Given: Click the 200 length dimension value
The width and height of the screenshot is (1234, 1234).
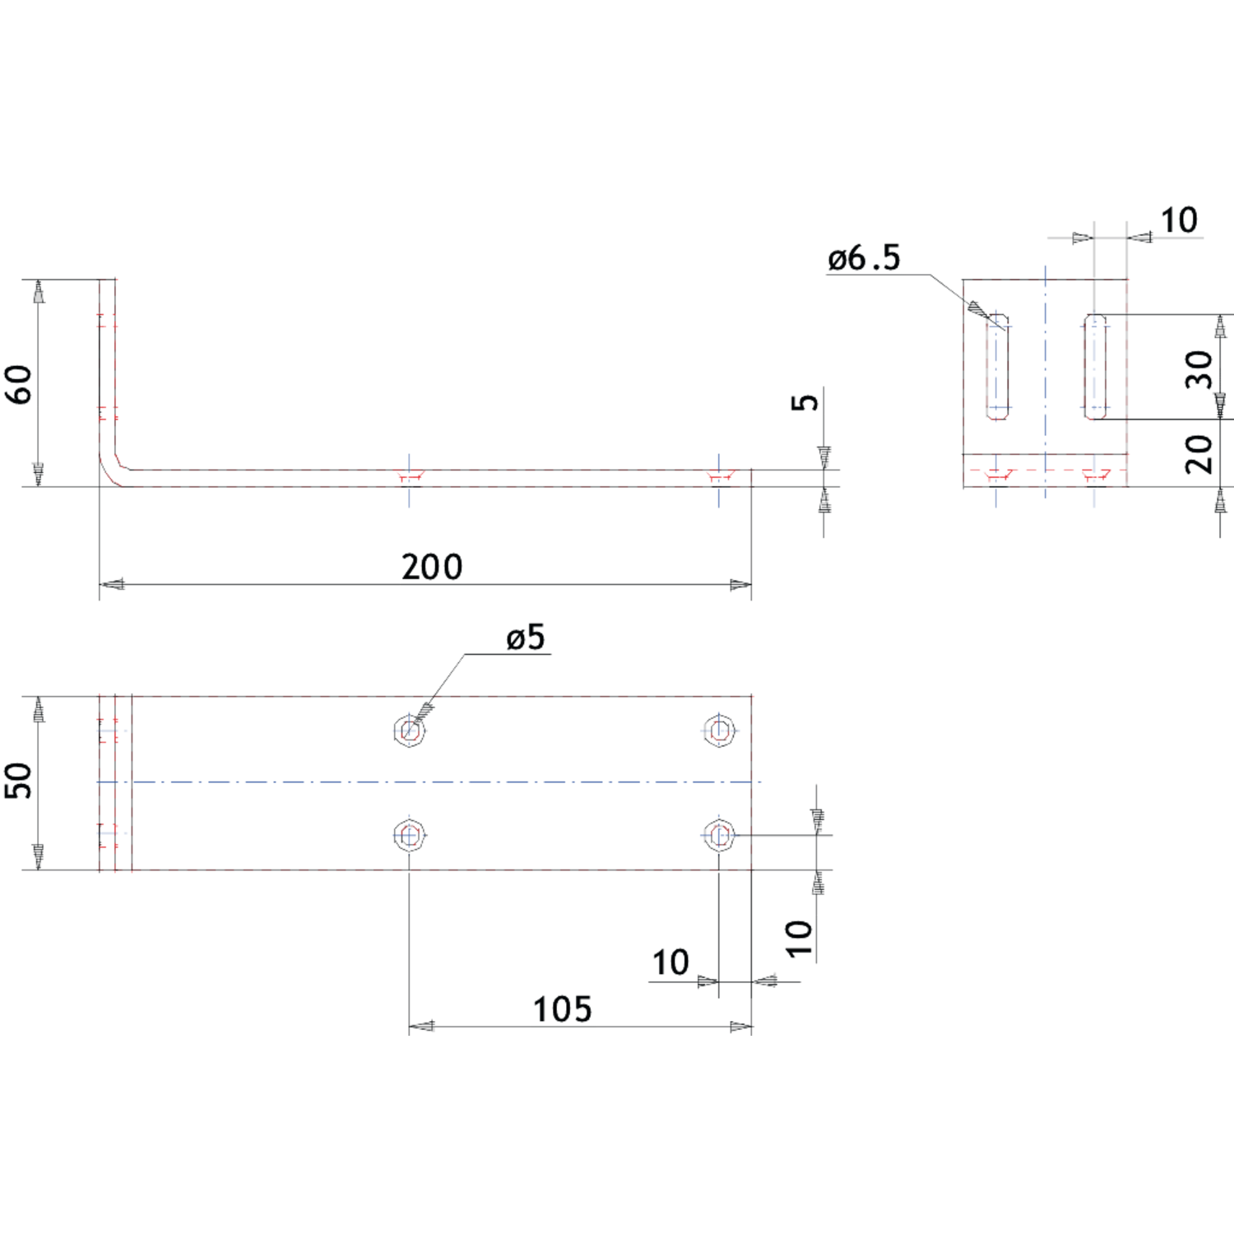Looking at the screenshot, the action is [432, 567].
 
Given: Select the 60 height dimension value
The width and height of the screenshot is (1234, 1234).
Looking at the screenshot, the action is [19, 384].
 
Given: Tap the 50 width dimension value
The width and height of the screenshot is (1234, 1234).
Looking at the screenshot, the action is [18, 780].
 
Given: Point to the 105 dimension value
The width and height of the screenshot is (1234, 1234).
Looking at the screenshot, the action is [562, 1009].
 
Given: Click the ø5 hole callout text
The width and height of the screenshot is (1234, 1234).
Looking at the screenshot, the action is [526, 637].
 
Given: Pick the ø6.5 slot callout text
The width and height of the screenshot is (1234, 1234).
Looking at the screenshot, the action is [864, 258].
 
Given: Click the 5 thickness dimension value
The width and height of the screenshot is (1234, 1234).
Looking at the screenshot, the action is [805, 401].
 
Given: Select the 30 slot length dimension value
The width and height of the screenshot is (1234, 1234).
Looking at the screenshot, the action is [1199, 369].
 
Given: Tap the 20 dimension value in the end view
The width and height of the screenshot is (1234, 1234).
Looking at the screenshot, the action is [1199, 454].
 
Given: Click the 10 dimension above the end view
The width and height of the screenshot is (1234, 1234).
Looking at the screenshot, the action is [1179, 220].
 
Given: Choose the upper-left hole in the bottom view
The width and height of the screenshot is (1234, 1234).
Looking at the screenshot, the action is [409, 731].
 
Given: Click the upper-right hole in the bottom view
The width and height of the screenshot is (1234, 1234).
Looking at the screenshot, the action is [719, 731].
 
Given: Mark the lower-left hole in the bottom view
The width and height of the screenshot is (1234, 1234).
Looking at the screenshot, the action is [409, 835].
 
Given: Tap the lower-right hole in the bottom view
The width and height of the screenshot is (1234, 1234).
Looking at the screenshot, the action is [719, 835].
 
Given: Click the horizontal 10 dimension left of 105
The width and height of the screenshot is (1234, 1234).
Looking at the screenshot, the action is [670, 963].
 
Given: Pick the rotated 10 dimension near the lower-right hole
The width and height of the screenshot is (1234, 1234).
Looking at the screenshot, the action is [799, 939].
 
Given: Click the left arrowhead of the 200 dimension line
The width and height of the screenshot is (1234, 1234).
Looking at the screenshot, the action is [111, 585].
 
